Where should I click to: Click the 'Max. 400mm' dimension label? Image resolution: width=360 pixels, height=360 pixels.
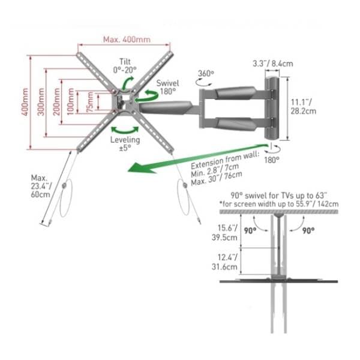pos(127,40)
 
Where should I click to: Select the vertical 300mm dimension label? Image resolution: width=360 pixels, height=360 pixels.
pos(41,102)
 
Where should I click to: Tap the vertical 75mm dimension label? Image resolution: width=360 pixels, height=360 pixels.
pos(90,102)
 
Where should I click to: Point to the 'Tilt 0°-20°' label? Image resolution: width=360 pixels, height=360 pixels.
pos(125,65)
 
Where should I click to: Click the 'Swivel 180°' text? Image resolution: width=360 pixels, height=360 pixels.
pos(167,87)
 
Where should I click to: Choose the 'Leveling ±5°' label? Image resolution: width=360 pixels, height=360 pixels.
pos(125,143)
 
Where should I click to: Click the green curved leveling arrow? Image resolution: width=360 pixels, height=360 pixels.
pos(125,130)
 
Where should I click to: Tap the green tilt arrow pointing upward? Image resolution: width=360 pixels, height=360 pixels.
pos(127,83)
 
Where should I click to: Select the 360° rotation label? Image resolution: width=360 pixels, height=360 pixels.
pos(206,73)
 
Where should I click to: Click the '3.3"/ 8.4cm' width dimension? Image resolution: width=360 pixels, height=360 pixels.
pos(273,64)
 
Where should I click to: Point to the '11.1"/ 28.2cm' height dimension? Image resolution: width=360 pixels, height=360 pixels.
pos(303,107)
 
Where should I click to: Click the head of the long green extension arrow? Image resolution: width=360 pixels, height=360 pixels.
pos(138,168)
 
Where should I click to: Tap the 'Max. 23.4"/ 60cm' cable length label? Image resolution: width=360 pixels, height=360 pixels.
pos(41,186)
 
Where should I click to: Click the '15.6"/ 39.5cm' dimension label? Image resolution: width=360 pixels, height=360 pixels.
pos(224,233)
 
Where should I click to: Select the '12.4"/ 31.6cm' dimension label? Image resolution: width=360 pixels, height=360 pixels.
pos(224,262)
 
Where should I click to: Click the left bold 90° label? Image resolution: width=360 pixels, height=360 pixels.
pos(250,230)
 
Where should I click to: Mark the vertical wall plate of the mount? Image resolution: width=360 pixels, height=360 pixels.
pos(272,109)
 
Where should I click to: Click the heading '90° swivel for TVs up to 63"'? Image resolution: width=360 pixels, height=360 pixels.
pos(279,196)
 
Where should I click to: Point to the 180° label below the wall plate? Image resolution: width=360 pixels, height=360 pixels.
pos(272,160)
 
